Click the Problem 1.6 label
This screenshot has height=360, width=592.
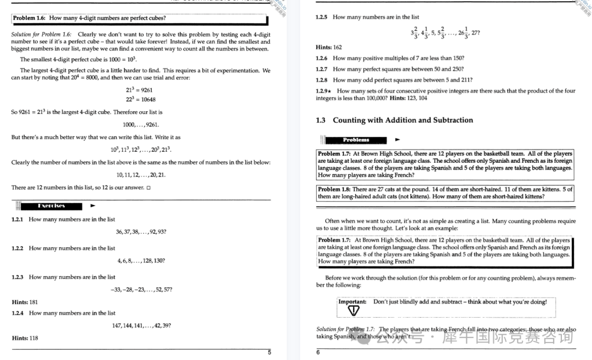point(30,18)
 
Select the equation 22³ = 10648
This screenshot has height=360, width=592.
point(140,99)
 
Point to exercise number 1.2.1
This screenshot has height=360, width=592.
point(18,220)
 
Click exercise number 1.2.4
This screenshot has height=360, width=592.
point(18,313)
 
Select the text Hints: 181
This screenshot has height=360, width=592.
point(25,302)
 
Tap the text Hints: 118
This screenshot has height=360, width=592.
point(25,338)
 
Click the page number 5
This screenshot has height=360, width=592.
point(269,352)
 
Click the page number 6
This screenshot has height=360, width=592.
point(318,352)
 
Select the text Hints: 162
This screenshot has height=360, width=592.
point(329,47)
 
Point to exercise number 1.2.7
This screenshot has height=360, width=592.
point(322,69)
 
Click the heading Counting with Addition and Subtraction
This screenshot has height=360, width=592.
point(402,120)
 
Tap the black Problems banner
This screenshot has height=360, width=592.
point(356,140)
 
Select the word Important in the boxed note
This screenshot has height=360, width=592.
point(352,302)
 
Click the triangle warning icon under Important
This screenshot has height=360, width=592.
point(355,311)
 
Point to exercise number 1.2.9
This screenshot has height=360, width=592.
point(323,91)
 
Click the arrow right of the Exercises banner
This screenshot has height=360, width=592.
point(93,206)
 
